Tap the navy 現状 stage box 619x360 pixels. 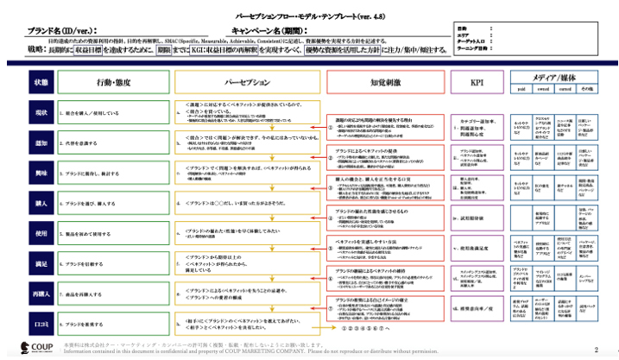click(x=41, y=112)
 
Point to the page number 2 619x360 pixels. click(x=596, y=349)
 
